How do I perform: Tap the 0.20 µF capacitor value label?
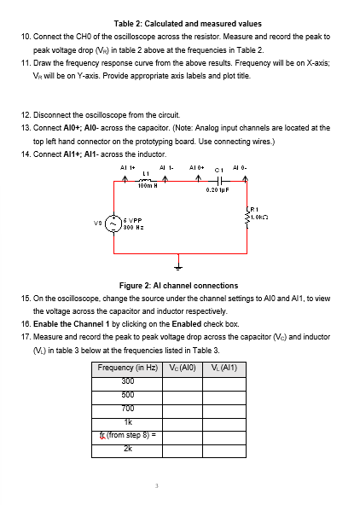click(217, 192)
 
